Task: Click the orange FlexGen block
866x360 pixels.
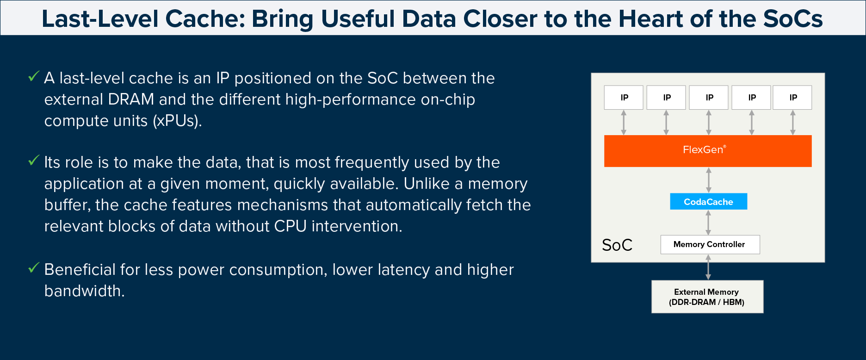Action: pyautogui.click(x=708, y=151)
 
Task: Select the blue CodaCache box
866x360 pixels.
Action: pyautogui.click(x=708, y=201)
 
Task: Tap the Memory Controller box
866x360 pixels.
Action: pyautogui.click(x=710, y=244)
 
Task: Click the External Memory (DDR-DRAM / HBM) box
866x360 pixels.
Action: pyautogui.click(x=707, y=297)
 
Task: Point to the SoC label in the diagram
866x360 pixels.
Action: pyautogui.click(x=617, y=245)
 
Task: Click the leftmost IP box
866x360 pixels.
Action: pyautogui.click(x=624, y=97)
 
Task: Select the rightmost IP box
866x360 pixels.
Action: pyautogui.click(x=792, y=97)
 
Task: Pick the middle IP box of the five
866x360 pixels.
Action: pyautogui.click(x=709, y=97)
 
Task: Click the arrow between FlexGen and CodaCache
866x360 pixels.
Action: pyautogui.click(x=709, y=180)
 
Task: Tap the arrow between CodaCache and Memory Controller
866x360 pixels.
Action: pyautogui.click(x=708, y=223)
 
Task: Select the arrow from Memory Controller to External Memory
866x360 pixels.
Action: pyautogui.click(x=708, y=267)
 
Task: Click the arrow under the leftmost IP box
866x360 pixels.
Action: pyautogui.click(x=624, y=122)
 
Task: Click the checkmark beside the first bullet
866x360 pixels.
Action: pyautogui.click(x=34, y=76)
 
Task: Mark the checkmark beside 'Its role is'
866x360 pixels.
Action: pyautogui.click(x=34, y=161)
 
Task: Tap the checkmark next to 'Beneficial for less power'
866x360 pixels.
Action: pyautogui.click(x=34, y=268)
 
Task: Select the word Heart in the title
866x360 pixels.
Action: pyautogui.click(x=651, y=19)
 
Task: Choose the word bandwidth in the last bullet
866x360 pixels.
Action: pyautogui.click(x=85, y=291)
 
